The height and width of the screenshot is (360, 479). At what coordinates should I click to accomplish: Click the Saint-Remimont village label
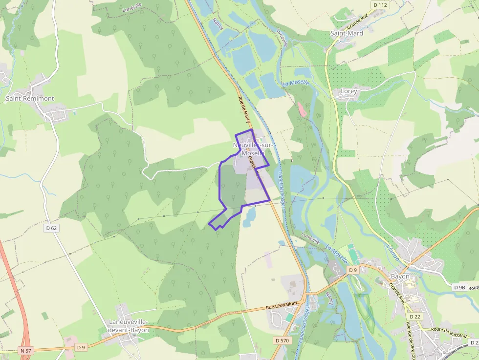tap(29, 98)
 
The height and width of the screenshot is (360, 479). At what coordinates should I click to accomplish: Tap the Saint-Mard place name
tap(347, 34)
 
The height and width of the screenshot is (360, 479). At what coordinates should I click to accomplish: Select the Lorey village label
tap(348, 91)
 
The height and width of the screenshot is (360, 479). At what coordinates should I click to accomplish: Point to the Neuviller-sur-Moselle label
tap(249, 149)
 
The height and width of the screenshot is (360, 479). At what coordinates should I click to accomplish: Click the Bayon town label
tap(400, 276)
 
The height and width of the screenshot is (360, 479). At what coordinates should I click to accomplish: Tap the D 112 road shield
tap(380, 5)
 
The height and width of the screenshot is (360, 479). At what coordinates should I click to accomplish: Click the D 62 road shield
tap(52, 228)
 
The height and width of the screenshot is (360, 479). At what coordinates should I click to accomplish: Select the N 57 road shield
tap(26, 351)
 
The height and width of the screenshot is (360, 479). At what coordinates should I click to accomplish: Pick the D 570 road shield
tap(282, 340)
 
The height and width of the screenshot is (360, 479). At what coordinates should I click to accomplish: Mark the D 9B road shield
tap(459, 287)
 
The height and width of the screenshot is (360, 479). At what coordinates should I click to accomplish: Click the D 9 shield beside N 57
tap(81, 347)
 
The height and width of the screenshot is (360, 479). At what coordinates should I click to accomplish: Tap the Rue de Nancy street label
tap(242, 108)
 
